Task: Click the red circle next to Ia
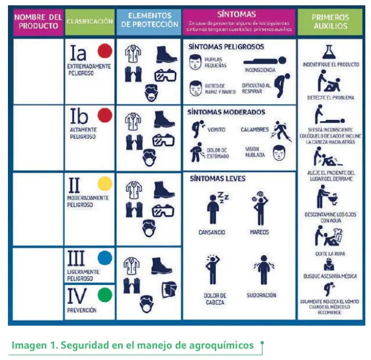[105, 52]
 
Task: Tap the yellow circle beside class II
[105, 184]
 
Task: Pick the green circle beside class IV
[105, 295]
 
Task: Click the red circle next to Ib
[105, 116]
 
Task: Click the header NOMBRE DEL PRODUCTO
[38, 22]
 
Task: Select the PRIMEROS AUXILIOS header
[330, 22]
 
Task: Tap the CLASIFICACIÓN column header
[90, 22]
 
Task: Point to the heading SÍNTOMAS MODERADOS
[227, 112]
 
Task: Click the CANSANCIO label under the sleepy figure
[212, 232]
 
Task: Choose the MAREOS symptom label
[259, 232]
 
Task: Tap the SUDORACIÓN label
[261, 295]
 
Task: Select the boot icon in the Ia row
[166, 55]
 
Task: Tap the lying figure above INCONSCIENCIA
[264, 60]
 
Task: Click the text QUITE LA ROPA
[330, 254]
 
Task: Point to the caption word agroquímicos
[224, 345]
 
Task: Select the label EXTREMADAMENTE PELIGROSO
[88, 70]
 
